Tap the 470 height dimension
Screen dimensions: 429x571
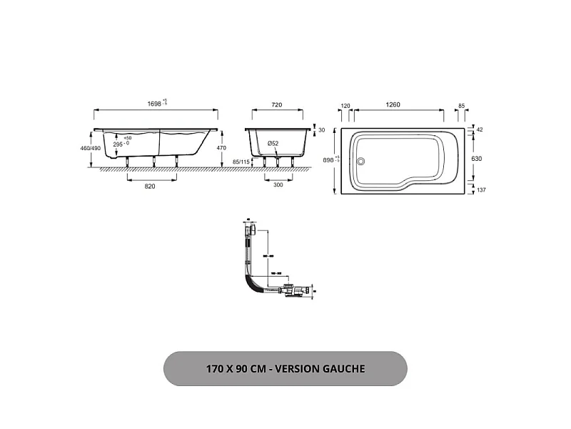(221, 148)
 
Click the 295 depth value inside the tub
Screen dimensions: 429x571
(118, 144)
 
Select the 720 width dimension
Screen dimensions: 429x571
(277, 104)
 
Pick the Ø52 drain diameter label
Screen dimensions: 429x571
(273, 144)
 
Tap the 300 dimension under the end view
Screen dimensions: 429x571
(278, 185)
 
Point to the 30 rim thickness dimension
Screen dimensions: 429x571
(321, 130)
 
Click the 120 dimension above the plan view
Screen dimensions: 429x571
(345, 105)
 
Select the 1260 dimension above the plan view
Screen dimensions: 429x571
(393, 105)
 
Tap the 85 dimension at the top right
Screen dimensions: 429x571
(461, 105)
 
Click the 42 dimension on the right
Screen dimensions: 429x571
(480, 129)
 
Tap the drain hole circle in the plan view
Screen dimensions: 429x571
(360, 161)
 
